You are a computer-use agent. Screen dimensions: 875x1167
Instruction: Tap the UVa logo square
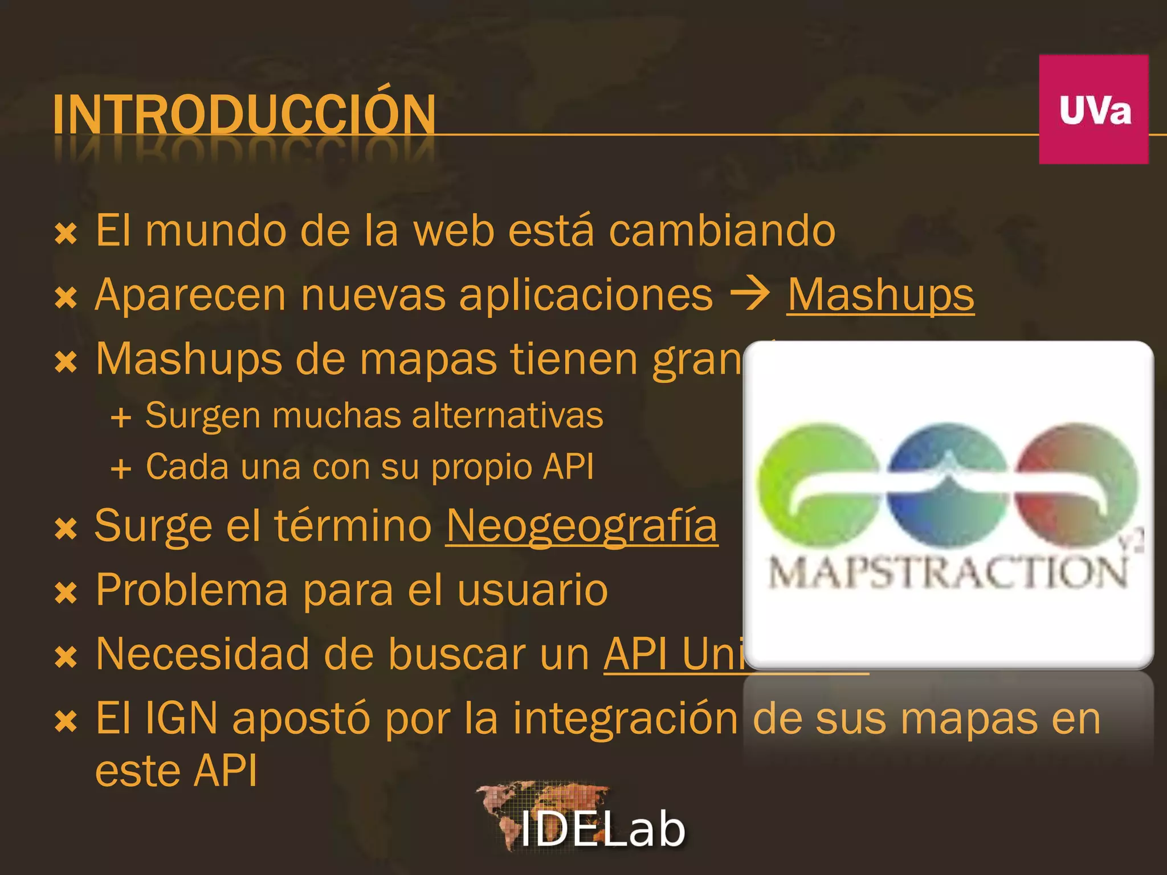click(x=1093, y=109)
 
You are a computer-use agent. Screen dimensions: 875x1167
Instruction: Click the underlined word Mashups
click(x=880, y=295)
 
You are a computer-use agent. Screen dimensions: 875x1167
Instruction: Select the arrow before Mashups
click(x=750, y=295)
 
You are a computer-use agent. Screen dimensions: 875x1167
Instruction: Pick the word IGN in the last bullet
click(x=181, y=718)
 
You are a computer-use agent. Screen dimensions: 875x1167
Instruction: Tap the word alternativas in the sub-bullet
click(x=507, y=415)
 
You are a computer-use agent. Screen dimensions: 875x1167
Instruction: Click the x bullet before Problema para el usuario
click(x=66, y=593)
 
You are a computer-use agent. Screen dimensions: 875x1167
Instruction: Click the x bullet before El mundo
click(x=66, y=234)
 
